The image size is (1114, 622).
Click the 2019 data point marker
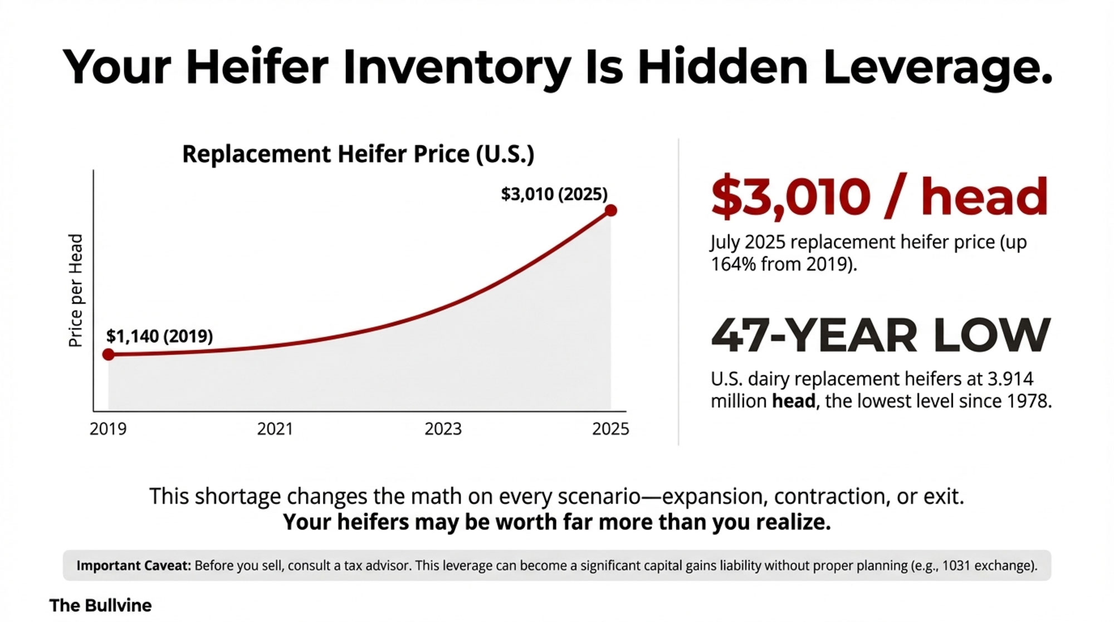click(x=109, y=354)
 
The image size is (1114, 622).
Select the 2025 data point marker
click(x=610, y=211)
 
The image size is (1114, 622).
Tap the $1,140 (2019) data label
click(x=159, y=336)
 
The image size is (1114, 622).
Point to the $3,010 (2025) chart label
click(x=554, y=194)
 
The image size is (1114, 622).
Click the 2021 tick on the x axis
click(x=275, y=429)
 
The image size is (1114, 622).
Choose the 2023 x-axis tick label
click(x=443, y=429)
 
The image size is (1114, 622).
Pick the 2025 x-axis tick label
click(x=610, y=429)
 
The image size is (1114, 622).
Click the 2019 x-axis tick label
click(x=108, y=429)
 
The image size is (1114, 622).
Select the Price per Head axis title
click(x=76, y=290)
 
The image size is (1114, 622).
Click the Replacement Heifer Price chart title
click(x=358, y=154)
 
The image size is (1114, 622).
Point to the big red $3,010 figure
click(x=790, y=197)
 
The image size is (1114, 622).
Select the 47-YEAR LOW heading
click(x=881, y=336)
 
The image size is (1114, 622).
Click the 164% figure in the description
click(x=733, y=264)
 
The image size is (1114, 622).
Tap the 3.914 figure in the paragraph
click(x=1010, y=379)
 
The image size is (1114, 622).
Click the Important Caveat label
click(x=134, y=566)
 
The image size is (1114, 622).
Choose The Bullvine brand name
click(x=100, y=605)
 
